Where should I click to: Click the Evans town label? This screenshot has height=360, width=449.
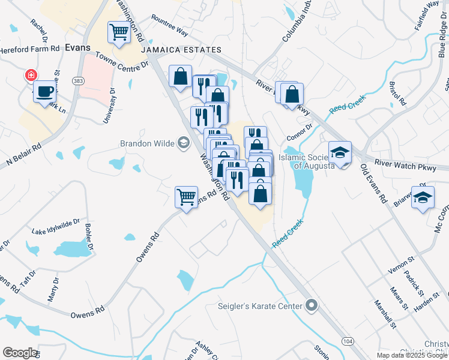coord(77,47)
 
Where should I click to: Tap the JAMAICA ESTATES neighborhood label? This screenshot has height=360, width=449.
coord(170,52)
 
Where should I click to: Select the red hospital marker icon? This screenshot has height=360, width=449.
coord(30,76)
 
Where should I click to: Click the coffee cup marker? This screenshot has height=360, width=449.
coord(45,92)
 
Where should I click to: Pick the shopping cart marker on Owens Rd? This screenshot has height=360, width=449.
coord(187,196)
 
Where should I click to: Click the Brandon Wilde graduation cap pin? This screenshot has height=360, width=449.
coord(183,143)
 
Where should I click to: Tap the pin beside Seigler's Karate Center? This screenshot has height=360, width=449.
coord(310,306)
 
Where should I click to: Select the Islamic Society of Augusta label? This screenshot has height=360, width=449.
coord(307,161)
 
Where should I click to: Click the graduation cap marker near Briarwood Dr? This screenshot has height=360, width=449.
coord(423,197)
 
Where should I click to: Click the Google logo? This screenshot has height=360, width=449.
coord(20,353)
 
